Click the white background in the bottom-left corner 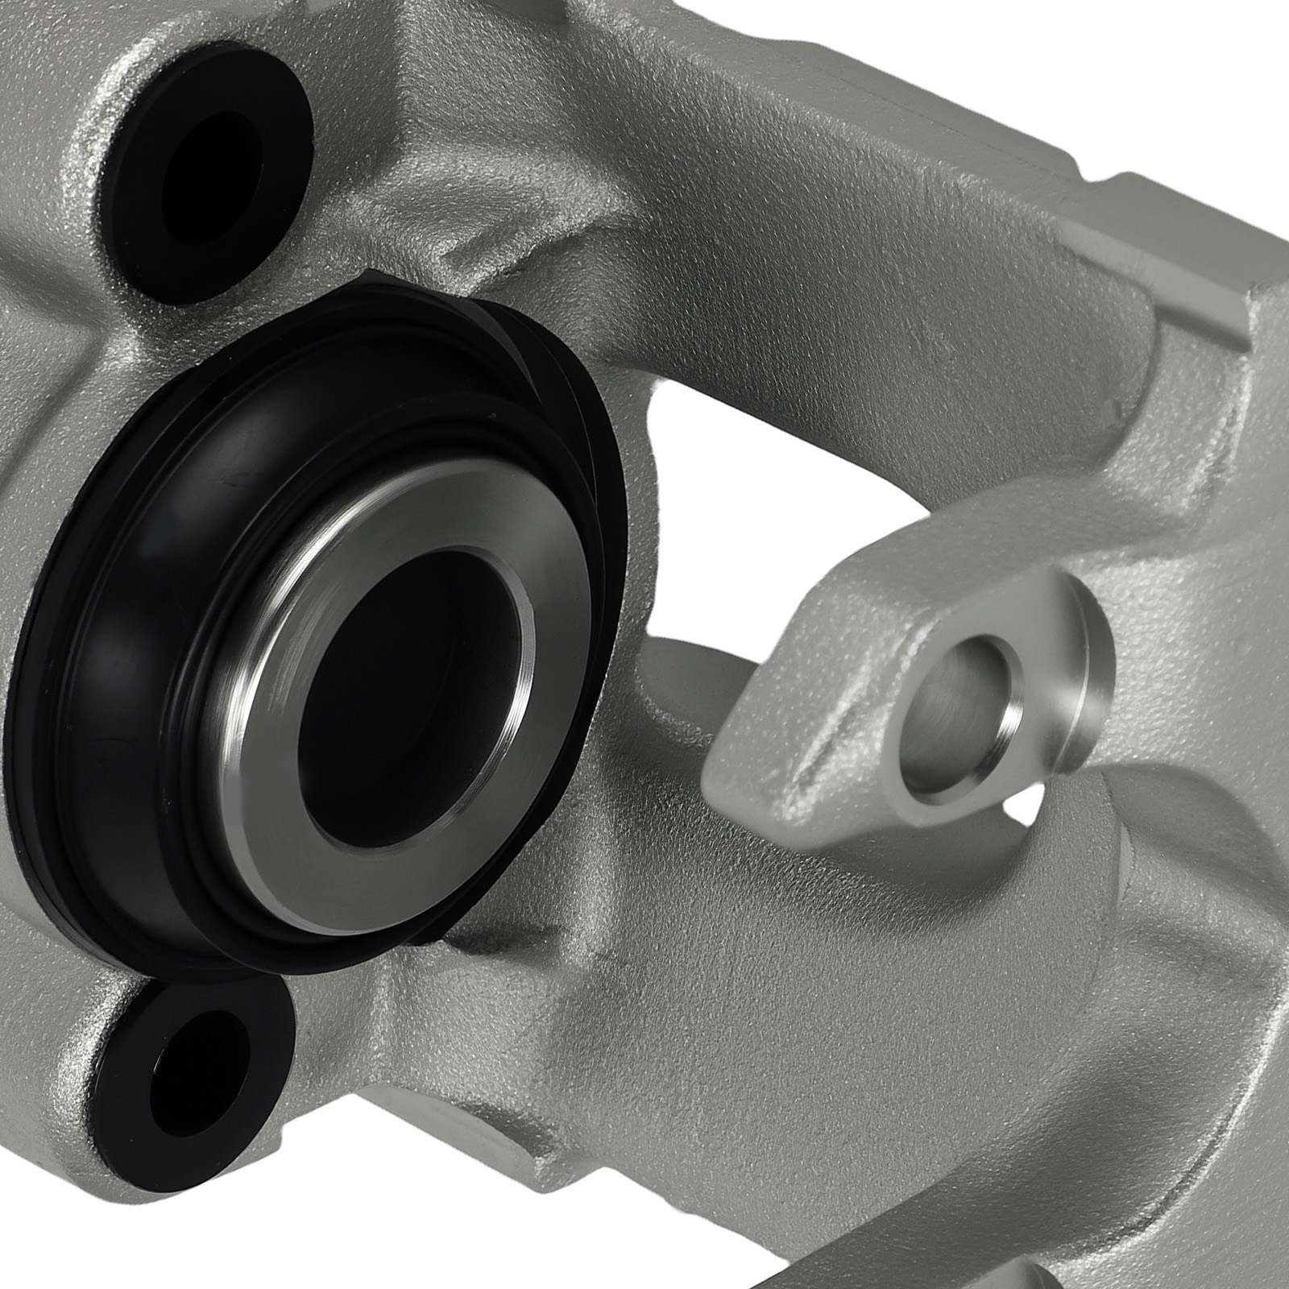48,1241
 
